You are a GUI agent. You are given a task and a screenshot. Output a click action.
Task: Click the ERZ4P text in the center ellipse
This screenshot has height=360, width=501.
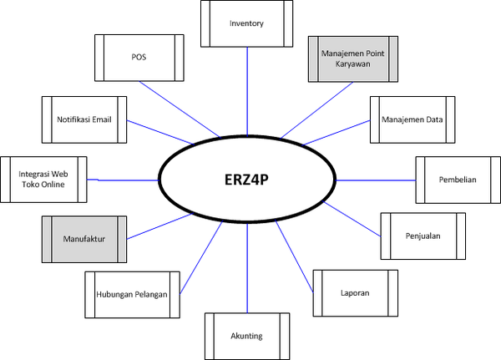(246, 180)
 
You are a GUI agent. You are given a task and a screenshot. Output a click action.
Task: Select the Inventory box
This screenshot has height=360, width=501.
(246, 23)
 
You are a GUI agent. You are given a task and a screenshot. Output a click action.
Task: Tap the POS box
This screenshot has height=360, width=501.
(139, 58)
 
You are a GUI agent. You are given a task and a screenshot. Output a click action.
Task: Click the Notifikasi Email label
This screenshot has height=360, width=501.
(84, 119)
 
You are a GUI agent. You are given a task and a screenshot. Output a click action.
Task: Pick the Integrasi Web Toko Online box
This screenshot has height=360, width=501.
(43, 180)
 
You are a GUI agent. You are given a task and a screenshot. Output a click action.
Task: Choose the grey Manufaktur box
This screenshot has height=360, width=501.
(84, 239)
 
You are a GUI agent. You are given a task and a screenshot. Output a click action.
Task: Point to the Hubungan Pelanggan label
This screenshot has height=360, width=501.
(132, 295)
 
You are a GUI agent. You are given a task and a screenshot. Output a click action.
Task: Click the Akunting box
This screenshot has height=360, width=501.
(247, 336)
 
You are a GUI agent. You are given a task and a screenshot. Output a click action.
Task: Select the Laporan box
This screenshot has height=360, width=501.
(356, 293)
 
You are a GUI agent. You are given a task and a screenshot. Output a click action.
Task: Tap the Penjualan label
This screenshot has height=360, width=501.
(423, 236)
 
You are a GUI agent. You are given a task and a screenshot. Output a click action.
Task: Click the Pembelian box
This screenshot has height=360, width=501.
(458, 180)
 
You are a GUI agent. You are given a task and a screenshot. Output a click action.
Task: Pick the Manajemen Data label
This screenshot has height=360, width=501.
(412, 119)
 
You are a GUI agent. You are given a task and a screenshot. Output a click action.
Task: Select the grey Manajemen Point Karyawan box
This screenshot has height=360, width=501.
(352, 58)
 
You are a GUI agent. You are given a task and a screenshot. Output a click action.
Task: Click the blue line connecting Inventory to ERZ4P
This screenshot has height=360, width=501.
(247, 91)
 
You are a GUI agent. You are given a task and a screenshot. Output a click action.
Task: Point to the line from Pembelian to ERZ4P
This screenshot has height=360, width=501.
(376, 180)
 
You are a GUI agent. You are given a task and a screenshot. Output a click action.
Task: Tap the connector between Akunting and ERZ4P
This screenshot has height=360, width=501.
(247, 268)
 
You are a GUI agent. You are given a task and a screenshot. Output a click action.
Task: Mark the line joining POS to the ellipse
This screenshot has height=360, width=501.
(180, 109)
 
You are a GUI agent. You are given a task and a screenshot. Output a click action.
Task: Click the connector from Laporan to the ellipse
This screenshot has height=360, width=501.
(294, 256)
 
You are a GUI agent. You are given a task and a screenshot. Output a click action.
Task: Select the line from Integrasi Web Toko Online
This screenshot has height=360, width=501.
(123, 180)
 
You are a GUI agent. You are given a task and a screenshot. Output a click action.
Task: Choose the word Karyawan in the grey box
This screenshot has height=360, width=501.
(352, 64)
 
